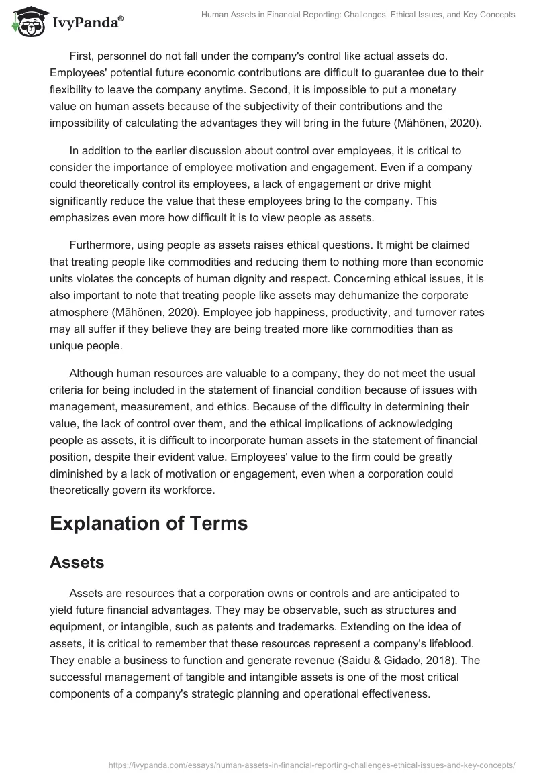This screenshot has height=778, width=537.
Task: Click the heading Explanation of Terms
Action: (x=148, y=523)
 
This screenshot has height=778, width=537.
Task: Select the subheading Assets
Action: (x=77, y=563)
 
